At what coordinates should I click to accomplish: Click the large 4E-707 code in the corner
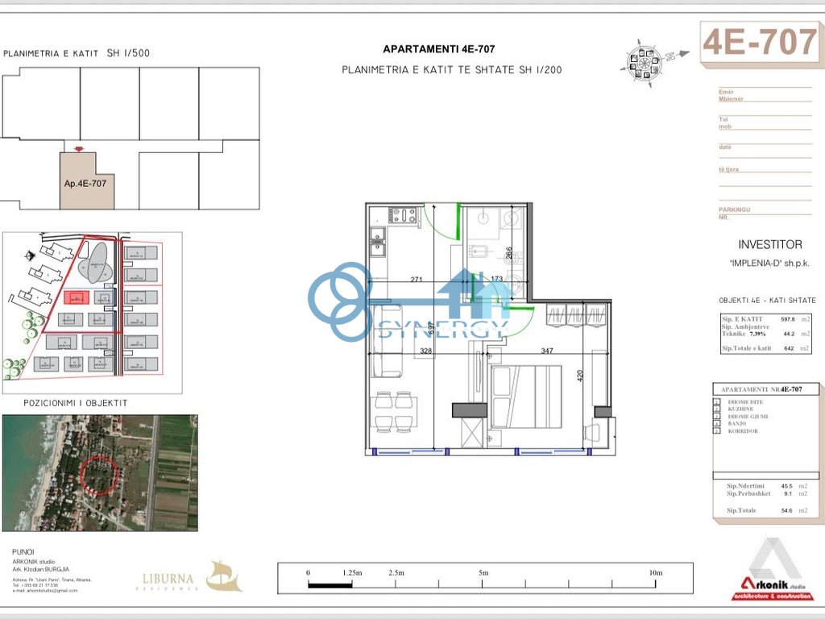(760, 42)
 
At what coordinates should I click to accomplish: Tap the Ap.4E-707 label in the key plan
(85, 183)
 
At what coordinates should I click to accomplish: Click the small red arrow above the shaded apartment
(77, 148)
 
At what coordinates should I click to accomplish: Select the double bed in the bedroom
(526, 396)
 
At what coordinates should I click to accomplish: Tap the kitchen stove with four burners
(403, 216)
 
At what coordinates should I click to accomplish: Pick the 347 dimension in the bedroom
(548, 351)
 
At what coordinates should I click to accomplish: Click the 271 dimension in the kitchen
(417, 280)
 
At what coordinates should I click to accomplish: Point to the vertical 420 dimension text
(579, 376)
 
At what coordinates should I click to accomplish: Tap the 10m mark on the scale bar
(655, 573)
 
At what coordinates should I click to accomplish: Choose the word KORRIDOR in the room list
(742, 432)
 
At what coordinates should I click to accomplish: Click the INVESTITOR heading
(769, 244)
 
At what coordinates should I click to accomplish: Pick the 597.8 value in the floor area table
(787, 319)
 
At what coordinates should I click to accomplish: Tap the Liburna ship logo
(223, 576)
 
